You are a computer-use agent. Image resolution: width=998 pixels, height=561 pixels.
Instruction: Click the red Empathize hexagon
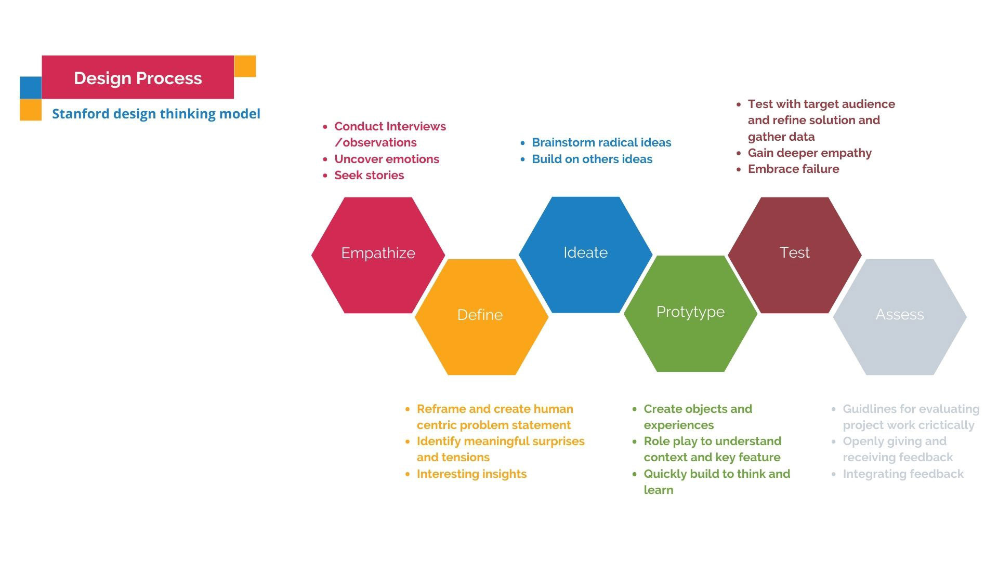tap(378, 255)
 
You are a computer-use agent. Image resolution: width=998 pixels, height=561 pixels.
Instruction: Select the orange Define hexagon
tap(481, 316)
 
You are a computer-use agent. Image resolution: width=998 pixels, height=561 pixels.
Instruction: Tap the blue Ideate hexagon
tap(585, 254)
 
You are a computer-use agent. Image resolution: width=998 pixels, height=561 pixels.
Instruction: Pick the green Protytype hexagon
tap(690, 313)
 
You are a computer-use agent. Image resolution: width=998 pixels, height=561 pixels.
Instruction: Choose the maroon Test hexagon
tap(794, 255)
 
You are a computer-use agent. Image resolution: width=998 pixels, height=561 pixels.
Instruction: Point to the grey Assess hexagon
tap(900, 316)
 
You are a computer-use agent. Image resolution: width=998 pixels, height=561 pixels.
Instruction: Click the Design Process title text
tap(138, 78)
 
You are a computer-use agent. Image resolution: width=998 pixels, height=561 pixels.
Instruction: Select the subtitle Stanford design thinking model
tap(156, 114)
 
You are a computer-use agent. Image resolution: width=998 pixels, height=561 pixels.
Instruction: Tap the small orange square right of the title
tap(245, 66)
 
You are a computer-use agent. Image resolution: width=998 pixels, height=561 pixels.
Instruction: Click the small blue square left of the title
tap(31, 87)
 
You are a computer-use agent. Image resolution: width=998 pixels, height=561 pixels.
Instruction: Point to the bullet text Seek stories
tap(369, 175)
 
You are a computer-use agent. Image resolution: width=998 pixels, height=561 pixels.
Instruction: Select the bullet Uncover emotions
tap(387, 159)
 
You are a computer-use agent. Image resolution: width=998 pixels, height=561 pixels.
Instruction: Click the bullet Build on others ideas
tap(592, 159)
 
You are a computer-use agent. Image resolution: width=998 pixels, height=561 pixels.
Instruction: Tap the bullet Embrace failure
tap(793, 169)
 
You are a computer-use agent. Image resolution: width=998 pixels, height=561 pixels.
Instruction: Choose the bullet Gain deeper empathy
tap(809, 153)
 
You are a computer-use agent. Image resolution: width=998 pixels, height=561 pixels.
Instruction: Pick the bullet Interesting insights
tap(471, 474)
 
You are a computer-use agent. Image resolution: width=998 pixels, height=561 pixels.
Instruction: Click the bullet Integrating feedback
tap(903, 474)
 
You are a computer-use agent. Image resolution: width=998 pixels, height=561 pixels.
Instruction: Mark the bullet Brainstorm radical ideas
tap(601, 142)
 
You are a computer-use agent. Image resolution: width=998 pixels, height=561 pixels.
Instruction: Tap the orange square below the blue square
tap(31, 110)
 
